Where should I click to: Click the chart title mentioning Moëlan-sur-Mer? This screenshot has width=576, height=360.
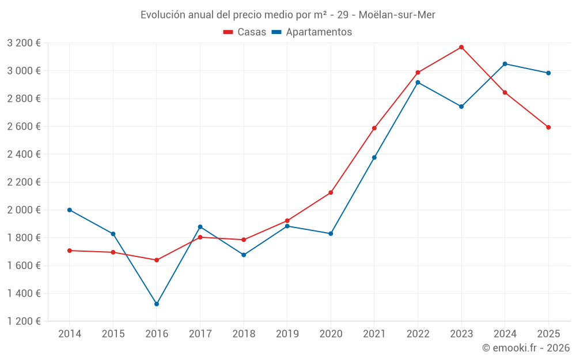287,14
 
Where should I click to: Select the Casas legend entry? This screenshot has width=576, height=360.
245,32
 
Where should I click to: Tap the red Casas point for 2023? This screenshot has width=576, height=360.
461,47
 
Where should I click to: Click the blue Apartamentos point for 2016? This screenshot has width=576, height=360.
157,304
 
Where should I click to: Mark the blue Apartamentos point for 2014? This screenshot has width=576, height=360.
70,210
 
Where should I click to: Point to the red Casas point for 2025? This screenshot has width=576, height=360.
548,127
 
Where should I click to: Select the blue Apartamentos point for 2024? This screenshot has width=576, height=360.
505,64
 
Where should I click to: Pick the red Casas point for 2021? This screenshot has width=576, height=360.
374,128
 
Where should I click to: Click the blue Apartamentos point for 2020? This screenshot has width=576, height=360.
331,234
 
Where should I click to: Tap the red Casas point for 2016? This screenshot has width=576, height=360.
157,260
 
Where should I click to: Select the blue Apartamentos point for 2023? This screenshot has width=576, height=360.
461,107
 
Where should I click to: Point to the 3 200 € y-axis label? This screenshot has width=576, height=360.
24,43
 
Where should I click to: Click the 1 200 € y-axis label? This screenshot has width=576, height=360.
24,321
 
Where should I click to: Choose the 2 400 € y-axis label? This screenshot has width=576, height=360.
24,154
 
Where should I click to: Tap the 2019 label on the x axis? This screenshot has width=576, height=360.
287,334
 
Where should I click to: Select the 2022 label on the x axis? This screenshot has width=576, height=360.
418,334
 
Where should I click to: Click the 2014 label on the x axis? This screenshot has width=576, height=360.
70,334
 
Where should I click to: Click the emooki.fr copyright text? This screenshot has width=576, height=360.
525,348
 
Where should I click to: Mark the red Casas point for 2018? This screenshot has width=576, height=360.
244,240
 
